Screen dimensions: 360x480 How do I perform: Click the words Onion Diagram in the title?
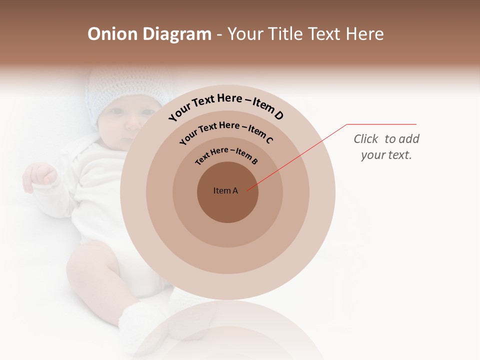(149, 34)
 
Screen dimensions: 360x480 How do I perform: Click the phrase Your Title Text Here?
(305, 34)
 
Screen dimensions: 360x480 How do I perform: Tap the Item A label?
(225, 190)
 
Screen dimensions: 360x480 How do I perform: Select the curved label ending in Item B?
(226, 155)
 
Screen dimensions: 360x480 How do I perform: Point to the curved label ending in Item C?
(226, 131)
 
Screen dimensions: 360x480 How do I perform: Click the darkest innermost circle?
(227, 205)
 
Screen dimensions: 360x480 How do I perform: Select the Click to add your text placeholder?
(386, 147)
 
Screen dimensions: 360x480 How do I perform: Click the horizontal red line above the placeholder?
(381, 124)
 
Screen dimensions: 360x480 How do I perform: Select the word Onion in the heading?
(113, 34)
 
